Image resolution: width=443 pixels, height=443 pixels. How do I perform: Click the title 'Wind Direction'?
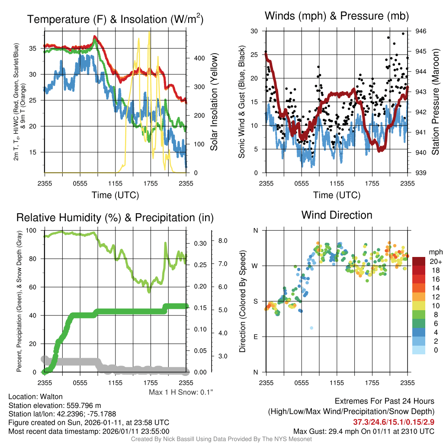coord(337,215)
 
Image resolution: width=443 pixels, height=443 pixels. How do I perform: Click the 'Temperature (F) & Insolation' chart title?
coord(115,19)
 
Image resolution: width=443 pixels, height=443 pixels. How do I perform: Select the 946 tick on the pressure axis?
coord(421,31)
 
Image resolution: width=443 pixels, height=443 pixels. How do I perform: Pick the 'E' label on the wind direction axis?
coord(256,337)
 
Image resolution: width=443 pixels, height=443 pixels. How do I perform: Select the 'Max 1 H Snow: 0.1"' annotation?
coord(181,392)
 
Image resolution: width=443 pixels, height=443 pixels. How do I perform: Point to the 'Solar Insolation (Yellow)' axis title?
coord(214,102)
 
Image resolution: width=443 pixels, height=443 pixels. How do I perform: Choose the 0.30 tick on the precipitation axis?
coord(200,244)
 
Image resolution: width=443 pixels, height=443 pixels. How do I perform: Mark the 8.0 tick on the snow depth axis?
coord(223,241)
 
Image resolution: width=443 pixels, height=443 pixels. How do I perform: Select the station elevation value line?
coord(55,405)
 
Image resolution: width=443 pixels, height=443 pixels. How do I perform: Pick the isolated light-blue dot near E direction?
coord(311,328)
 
